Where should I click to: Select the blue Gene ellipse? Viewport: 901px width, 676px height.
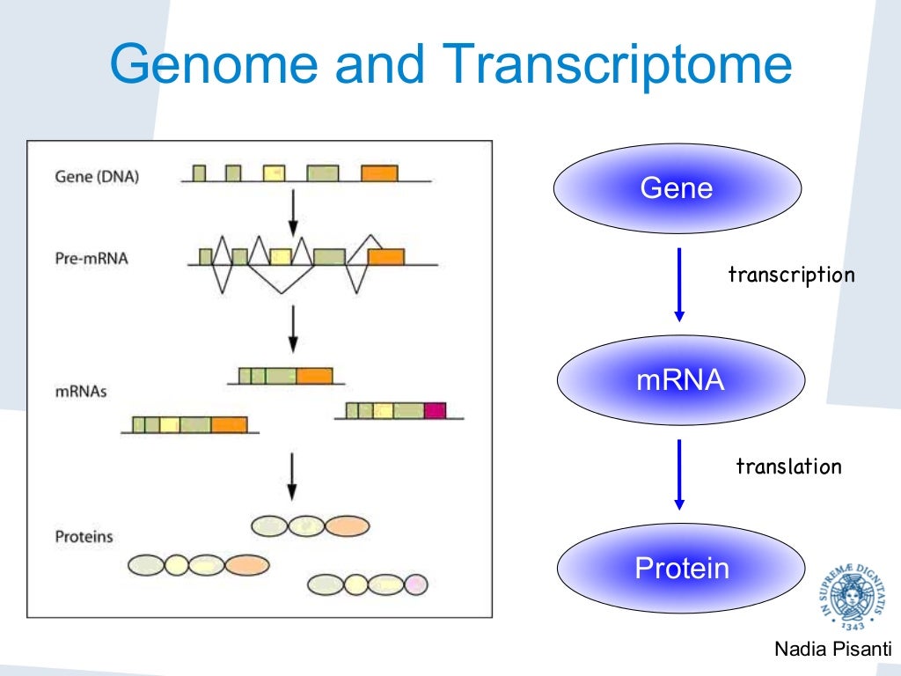pos(677,188)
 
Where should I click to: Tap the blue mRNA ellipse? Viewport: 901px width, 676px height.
pos(680,381)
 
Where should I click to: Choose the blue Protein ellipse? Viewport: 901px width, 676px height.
pos(682,568)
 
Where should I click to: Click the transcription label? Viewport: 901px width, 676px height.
pos(791,275)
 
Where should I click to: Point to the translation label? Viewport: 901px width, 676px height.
pos(788,467)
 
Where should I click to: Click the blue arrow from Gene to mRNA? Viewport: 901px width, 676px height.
pos(678,284)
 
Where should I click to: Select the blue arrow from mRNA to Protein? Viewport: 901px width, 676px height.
pos(678,474)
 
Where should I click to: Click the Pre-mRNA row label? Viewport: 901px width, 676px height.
pos(91,260)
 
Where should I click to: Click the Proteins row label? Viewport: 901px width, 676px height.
pos(84,535)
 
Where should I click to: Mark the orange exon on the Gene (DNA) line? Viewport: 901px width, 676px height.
pos(379,173)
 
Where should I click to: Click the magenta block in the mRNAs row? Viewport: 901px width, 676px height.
pos(435,409)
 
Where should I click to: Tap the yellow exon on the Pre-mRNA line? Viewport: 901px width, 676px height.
pos(281,257)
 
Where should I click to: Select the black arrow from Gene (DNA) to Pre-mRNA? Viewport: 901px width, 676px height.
pos(293,212)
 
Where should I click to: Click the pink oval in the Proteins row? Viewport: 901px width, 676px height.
pos(414,583)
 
